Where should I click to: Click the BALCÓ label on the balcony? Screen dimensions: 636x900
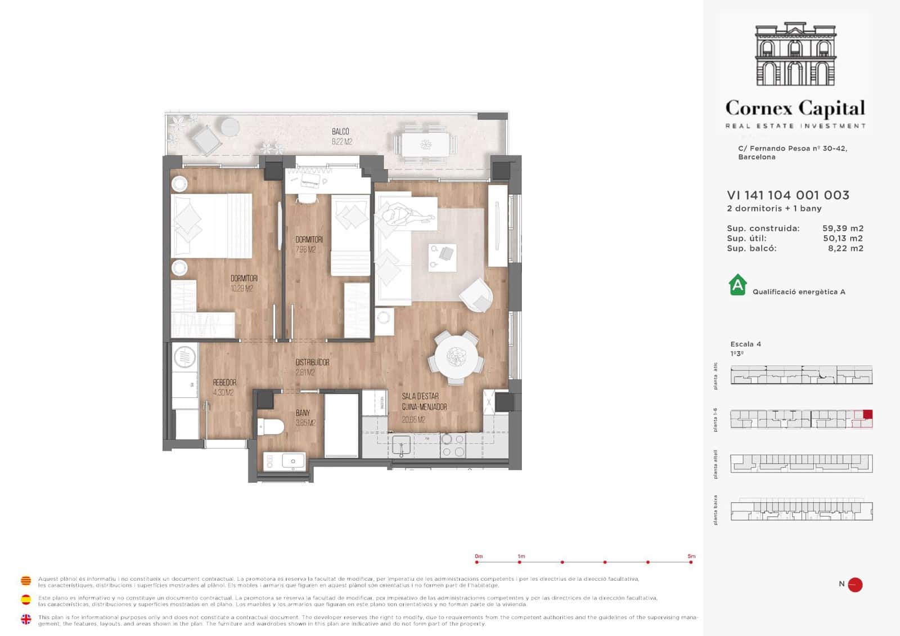pos(340,132)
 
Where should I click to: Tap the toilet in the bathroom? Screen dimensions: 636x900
pos(271,427)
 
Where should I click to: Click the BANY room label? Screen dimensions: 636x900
pos(303,413)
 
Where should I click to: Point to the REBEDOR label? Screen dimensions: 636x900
pos(224,382)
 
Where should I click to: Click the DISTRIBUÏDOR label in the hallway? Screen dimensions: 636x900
pos(312,362)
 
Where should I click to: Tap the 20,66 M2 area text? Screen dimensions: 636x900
pos(413,420)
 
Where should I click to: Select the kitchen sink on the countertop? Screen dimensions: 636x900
pos(401,445)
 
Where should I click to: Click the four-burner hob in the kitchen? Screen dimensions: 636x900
pos(453,445)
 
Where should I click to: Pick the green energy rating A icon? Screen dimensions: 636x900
pos(737,285)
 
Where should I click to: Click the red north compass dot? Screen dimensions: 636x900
pos(855,585)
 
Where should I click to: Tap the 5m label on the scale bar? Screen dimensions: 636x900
pos(691,556)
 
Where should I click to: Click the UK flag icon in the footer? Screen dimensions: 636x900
pos(26,619)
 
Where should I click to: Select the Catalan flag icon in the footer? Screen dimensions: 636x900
pos(26,581)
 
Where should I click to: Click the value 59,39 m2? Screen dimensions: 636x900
pos(842,229)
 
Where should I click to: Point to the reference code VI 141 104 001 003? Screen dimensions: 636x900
pos(787,195)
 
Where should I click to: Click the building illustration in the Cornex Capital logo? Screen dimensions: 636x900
pos(795,55)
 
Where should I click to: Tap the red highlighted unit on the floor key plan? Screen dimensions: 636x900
pos(867,415)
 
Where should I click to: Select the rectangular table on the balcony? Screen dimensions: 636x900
pos(426,144)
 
